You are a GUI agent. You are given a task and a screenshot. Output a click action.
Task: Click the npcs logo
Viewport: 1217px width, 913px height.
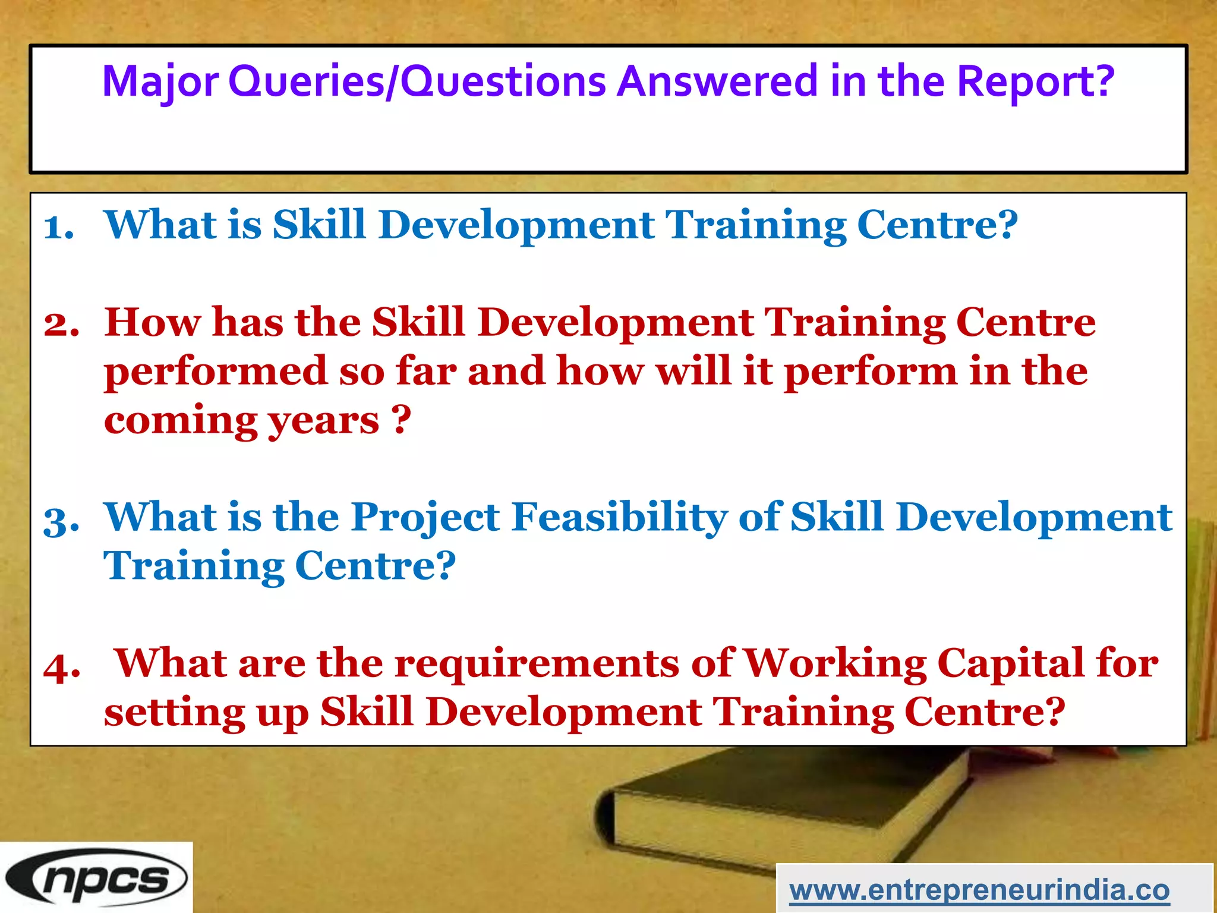[x=96, y=878]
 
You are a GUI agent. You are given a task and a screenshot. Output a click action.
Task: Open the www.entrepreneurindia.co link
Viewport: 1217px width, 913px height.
[x=979, y=890]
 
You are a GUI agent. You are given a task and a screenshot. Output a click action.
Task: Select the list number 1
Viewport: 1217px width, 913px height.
[x=59, y=228]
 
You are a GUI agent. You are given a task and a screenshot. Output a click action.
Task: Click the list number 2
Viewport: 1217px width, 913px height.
[x=61, y=325]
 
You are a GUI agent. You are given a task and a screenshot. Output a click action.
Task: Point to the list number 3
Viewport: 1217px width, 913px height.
[x=61, y=521]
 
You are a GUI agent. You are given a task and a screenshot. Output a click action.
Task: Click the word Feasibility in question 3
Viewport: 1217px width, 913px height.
[x=619, y=517]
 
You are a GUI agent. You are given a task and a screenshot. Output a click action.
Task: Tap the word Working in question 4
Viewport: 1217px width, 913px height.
[x=835, y=663]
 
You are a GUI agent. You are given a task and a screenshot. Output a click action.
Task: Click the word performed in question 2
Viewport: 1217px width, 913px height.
[x=215, y=372]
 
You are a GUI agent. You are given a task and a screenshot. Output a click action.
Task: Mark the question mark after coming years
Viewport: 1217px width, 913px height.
[x=402, y=420]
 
